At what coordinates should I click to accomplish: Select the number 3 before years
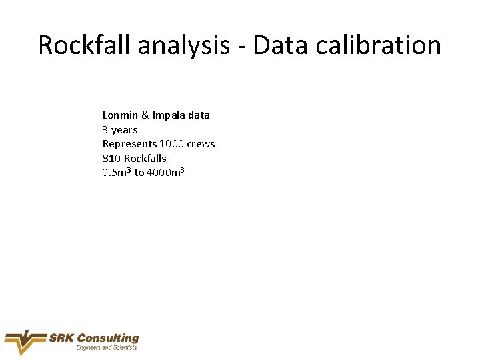105,130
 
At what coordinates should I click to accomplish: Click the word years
125,130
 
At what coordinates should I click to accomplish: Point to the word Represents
129,144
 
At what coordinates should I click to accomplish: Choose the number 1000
172,144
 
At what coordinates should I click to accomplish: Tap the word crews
201,144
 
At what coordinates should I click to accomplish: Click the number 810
111,159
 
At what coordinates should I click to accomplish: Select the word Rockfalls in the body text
145,159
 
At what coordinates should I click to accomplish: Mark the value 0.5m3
117,173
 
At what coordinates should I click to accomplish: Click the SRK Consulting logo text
94,338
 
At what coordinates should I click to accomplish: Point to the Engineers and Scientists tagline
107,348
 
